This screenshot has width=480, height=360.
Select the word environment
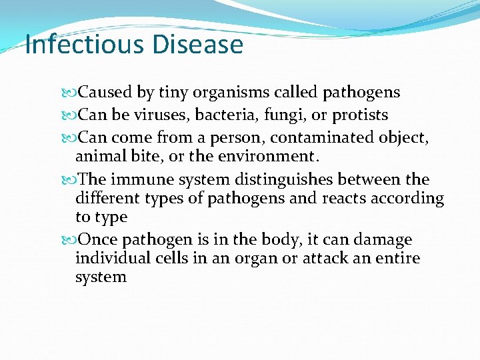point(271,157)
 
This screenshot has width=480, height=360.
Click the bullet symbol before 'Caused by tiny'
point(73,93)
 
